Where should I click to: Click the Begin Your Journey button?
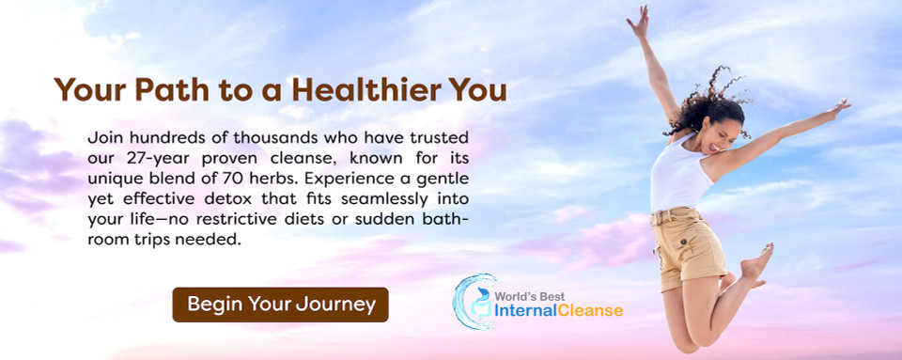tap(280, 305)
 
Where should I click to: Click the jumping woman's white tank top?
tap(680, 179)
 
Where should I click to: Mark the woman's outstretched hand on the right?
tap(838, 107)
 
